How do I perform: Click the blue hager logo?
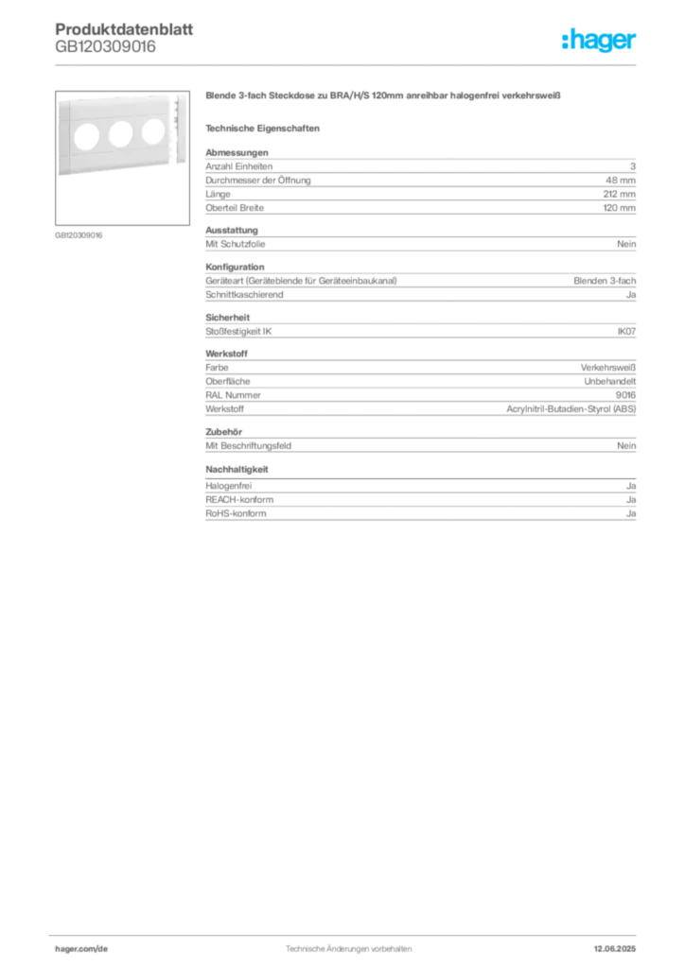point(601,42)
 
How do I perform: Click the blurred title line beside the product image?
point(385,97)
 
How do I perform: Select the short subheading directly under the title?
point(265,127)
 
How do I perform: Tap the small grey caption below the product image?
point(79,234)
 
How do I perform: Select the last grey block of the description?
point(419,502)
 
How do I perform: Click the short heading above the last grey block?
point(238,468)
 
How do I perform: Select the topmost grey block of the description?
point(419,170)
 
